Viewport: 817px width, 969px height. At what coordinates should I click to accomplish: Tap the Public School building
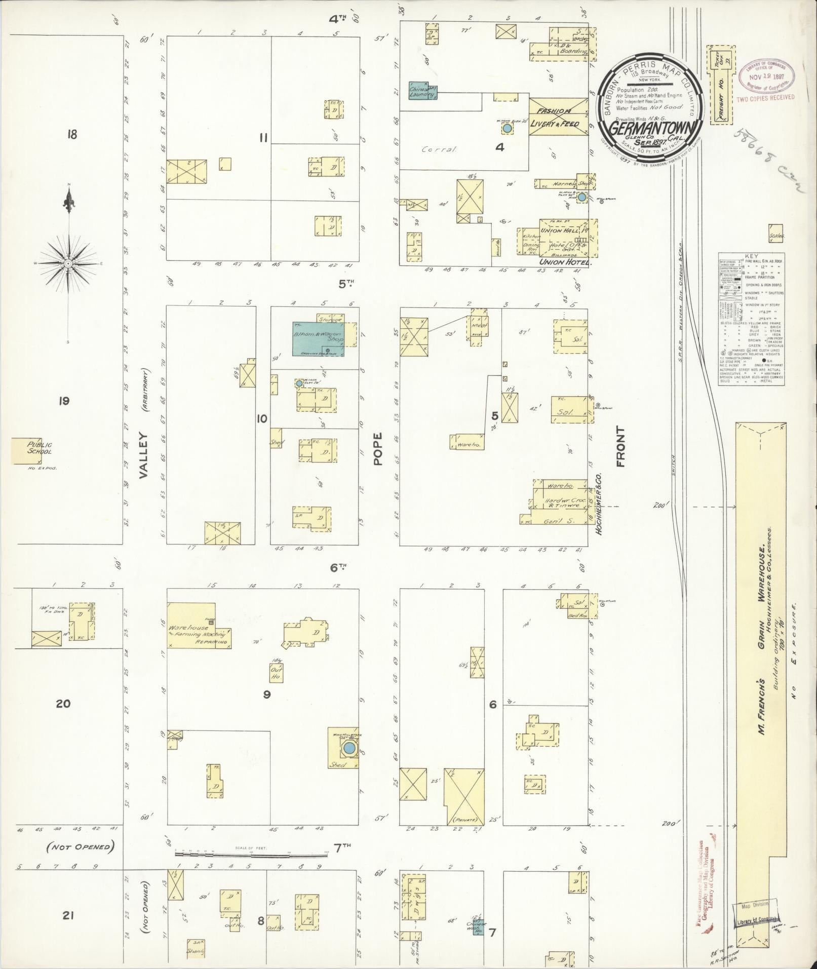coord(28,450)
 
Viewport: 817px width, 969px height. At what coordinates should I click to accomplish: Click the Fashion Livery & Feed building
coord(558,117)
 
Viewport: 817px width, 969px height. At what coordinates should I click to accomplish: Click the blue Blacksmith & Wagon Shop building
coord(317,338)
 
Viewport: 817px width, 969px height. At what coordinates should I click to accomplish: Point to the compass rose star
coord(68,264)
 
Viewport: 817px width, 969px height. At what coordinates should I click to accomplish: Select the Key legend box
coord(752,319)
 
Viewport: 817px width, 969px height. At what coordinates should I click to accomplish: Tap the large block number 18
coord(71,135)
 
